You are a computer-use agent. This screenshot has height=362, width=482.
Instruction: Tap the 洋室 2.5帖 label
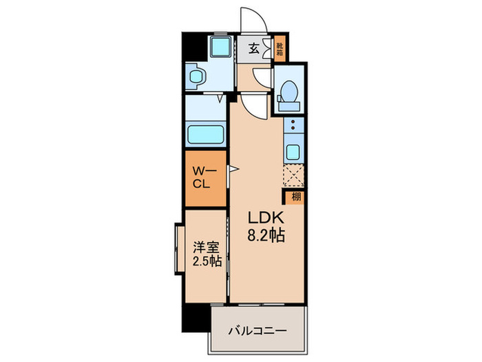pyautogui.click(x=205, y=254)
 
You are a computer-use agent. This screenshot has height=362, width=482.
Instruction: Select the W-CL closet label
pyautogui.click(x=205, y=177)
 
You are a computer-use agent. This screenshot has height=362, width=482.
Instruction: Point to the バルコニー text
pyautogui.click(x=258, y=329)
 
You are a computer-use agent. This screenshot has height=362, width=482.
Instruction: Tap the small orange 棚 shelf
pyautogui.click(x=295, y=197)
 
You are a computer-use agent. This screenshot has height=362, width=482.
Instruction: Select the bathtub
pyautogui.click(x=205, y=132)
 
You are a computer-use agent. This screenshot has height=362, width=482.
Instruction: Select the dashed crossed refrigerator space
pyautogui.click(x=293, y=176)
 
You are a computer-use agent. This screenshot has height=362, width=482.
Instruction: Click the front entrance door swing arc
pyautogui.click(x=248, y=19)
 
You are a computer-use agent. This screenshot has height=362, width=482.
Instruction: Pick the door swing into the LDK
pyautogui.click(x=252, y=105)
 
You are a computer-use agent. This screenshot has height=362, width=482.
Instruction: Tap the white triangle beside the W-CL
pyautogui.click(x=233, y=169)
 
